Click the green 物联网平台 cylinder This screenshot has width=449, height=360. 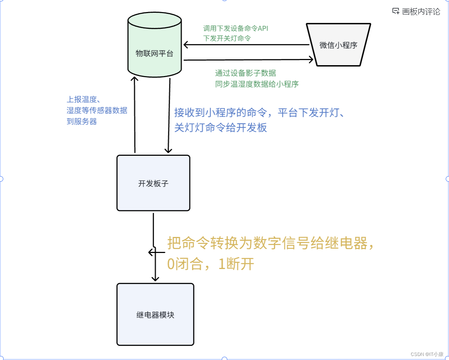pyautogui.click(x=154, y=46)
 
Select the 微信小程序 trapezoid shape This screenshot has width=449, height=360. pyautogui.click(x=338, y=45)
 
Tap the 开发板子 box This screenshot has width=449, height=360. pyautogui.click(x=153, y=183)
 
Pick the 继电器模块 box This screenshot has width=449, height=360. pyautogui.click(x=155, y=314)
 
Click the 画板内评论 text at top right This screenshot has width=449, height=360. pyautogui.click(x=421, y=12)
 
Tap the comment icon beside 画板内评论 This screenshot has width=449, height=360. pyautogui.click(x=396, y=11)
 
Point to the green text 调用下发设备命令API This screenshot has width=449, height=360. pyautogui.click(x=236, y=28)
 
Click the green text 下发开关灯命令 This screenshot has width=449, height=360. pyautogui.click(x=227, y=38)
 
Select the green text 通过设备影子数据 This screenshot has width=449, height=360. pyautogui.click(x=245, y=73)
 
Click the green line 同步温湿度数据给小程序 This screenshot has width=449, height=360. pyautogui.click(x=257, y=84)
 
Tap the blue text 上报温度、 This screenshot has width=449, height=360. pyautogui.click(x=83, y=99)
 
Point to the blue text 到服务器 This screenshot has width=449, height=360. pyautogui.click(x=82, y=121)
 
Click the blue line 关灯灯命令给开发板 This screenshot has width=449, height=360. pyautogui.click(x=221, y=127)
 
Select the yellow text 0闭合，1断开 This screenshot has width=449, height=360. pyautogui.click(x=210, y=264)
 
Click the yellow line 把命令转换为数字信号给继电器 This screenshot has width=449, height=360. pyautogui.click(x=270, y=243)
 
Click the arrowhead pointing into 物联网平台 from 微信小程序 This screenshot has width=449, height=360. pyautogui.click(x=186, y=45)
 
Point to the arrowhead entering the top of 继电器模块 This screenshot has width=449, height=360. pyautogui.click(x=155, y=279)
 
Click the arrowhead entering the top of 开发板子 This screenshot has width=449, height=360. pyautogui.click(x=168, y=151)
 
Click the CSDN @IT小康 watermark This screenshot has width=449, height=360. pyautogui.click(x=427, y=354)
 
